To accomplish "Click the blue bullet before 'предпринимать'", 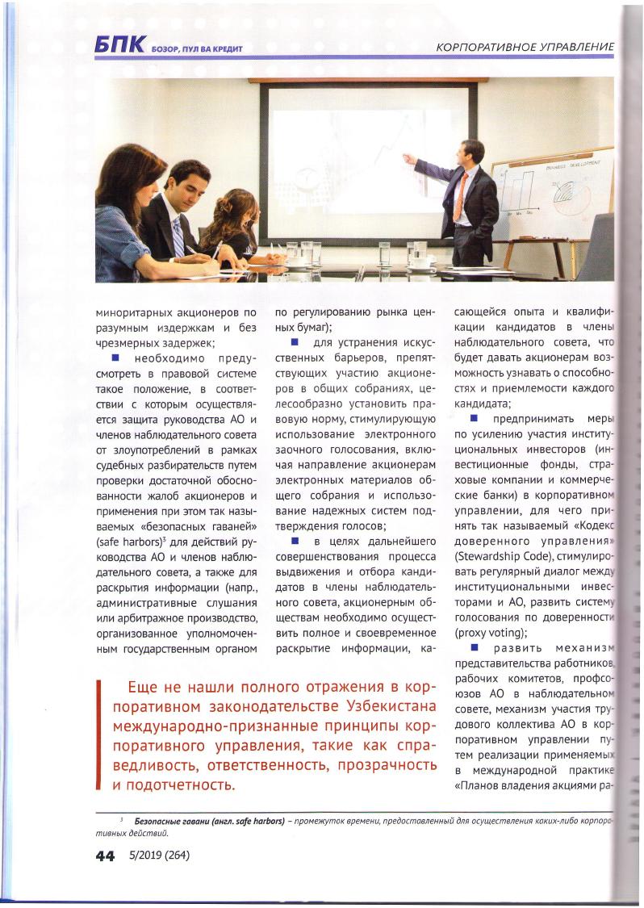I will [x=475, y=419].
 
